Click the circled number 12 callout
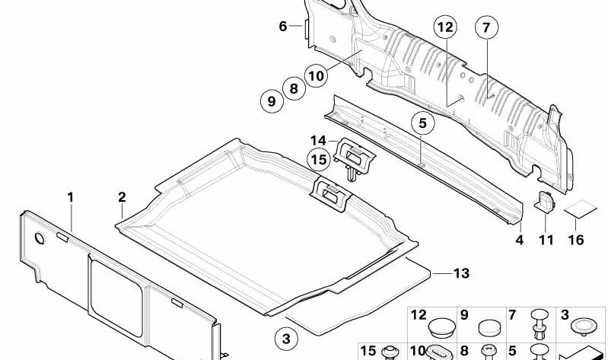445,27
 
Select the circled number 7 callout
486,27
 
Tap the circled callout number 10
317,75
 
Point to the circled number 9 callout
272,101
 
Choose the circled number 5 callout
422,123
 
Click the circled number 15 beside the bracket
319,159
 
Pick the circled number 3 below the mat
286,339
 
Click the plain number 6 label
283,27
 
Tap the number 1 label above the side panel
70,197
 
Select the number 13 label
461,273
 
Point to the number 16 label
576,241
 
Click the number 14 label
318,141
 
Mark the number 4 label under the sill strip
520,241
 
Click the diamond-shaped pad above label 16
581,209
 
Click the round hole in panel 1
40,238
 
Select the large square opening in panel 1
116,297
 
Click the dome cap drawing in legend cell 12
441,328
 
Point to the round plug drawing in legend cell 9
491,328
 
